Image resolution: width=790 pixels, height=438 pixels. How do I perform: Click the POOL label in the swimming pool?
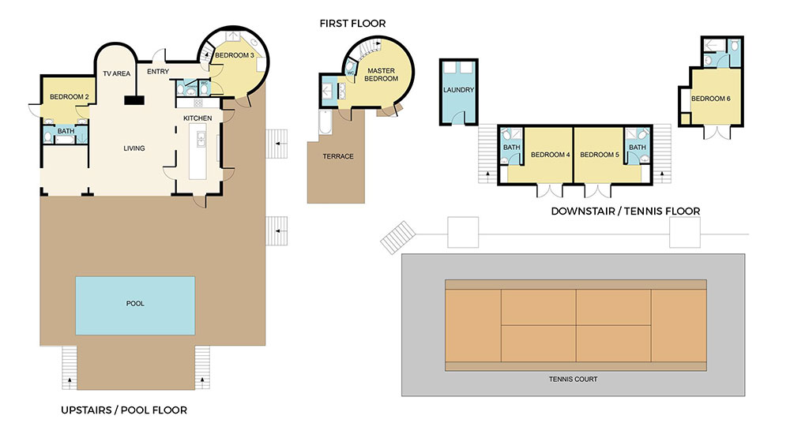pos(135,303)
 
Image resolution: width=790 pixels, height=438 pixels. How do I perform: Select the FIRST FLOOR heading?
pos(352,24)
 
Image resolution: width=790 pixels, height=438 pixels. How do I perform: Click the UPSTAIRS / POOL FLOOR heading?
pos(123,410)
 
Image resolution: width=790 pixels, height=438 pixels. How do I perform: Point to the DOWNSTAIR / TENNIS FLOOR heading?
pos(625,211)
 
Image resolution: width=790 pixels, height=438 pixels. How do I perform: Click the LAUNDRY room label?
pos(458,90)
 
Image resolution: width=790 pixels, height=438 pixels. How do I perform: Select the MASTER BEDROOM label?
pos(382,76)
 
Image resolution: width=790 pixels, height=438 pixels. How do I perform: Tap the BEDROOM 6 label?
pos(711,99)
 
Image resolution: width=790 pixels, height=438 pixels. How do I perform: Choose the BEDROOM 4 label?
pos(550,155)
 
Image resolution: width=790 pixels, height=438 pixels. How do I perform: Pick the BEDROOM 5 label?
pos(600,155)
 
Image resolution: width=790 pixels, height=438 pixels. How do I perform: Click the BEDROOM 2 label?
pos(68,97)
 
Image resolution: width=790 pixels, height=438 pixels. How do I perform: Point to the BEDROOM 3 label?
pos(235,55)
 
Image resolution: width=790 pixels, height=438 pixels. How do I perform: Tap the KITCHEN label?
pos(197,118)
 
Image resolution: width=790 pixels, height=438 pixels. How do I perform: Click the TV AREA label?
pos(116,73)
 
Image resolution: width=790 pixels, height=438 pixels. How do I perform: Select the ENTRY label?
pos(158,73)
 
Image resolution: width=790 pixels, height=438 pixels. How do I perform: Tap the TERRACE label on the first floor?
pos(338,156)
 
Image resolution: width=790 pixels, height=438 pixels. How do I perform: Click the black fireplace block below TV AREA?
pos(134,99)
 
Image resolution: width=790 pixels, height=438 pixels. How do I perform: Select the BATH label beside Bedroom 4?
pos(511,147)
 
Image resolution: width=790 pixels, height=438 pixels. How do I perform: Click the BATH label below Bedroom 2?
pos(65,131)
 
